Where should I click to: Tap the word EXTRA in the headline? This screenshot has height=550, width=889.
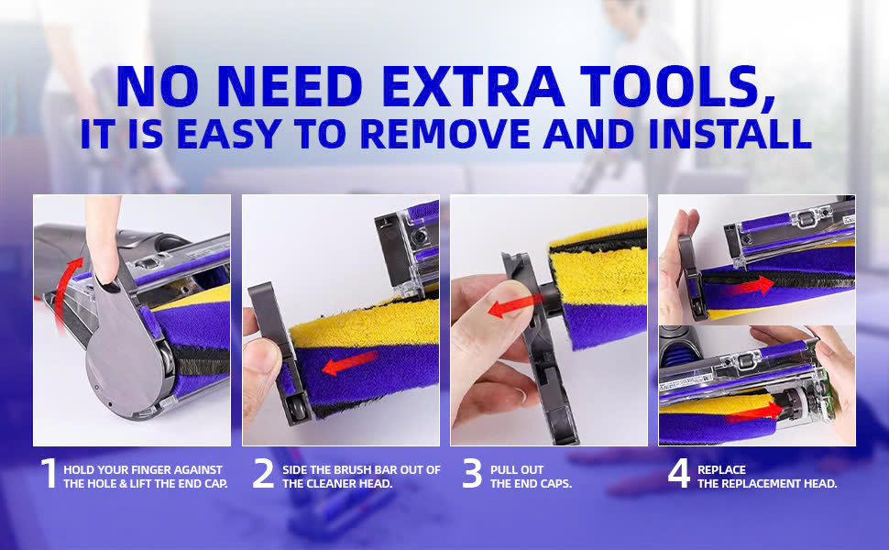[x=474, y=87]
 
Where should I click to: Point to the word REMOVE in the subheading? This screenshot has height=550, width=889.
[x=445, y=134]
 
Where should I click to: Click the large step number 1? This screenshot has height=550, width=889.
[x=49, y=473]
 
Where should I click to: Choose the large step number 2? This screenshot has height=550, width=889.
[x=263, y=473]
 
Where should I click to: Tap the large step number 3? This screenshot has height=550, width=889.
[x=472, y=473]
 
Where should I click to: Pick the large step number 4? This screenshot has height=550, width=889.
[x=678, y=473]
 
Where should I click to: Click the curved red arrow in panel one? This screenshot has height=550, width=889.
[x=62, y=289]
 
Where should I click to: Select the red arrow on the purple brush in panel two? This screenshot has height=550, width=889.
[x=349, y=363]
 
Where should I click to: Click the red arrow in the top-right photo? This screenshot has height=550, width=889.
[x=752, y=285]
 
